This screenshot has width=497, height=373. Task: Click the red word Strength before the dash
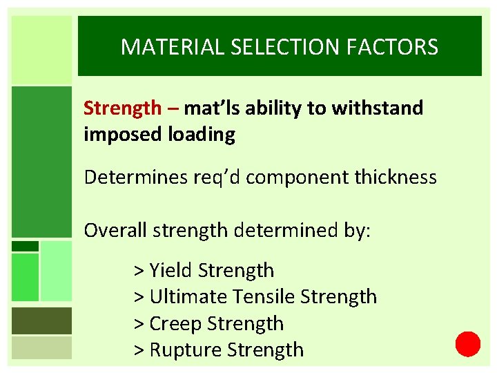pyautogui.click(x=121, y=108)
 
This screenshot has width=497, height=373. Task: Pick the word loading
pyautogui.click(x=202, y=134)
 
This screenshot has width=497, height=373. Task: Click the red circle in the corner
pyautogui.click(x=467, y=343)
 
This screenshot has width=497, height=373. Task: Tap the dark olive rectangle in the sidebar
pyautogui.click(x=41, y=321)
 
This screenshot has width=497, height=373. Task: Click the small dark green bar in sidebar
pyautogui.click(x=26, y=246)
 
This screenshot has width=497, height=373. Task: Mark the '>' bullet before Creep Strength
pyautogui.click(x=138, y=323)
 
